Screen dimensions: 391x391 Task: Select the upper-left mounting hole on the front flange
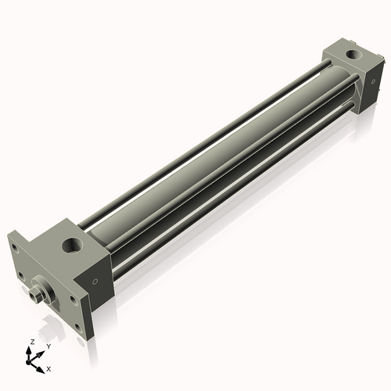(14, 249)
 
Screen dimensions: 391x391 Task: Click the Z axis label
(30, 342)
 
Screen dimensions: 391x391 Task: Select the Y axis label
(48, 345)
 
